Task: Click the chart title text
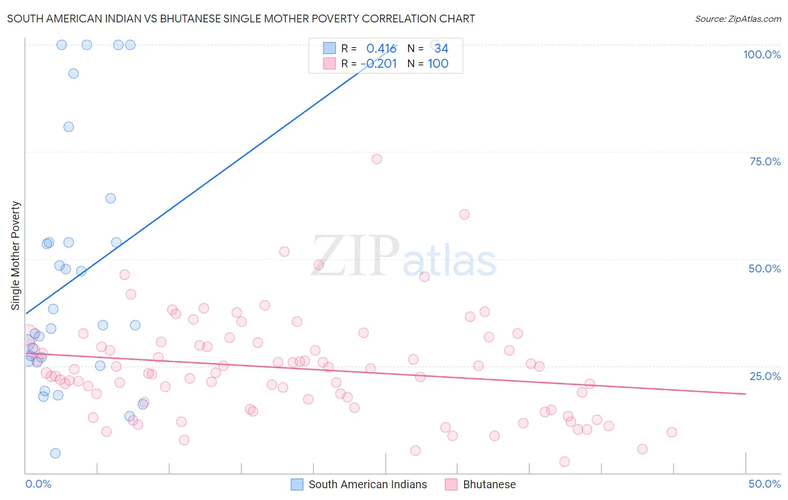[x=241, y=18]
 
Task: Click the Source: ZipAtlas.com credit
[x=738, y=18]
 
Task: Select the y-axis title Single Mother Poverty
[x=15, y=256]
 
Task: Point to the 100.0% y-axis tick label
[x=762, y=54]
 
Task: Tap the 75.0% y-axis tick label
[x=765, y=161]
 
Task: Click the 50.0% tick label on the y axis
[x=764, y=268]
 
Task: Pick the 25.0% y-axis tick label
[x=765, y=376]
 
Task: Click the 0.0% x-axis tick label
[x=38, y=484]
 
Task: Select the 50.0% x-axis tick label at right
[x=764, y=484]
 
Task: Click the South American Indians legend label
[x=368, y=484]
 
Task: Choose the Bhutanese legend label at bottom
[x=489, y=484]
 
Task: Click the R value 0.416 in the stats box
[x=381, y=49]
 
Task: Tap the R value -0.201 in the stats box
[x=379, y=64]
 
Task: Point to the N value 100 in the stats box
[x=438, y=64]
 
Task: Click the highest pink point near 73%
[x=377, y=159]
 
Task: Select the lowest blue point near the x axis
[x=55, y=453]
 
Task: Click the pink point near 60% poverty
[x=464, y=214]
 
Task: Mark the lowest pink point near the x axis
[x=564, y=462]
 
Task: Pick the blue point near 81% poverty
[x=68, y=127]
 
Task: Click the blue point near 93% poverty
[x=73, y=73]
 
